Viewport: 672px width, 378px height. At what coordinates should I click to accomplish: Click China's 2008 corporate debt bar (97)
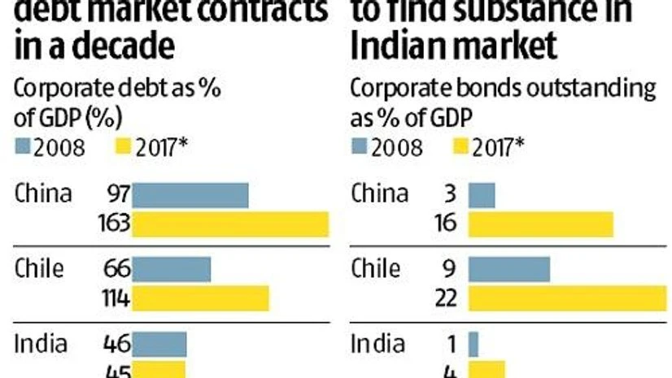190,196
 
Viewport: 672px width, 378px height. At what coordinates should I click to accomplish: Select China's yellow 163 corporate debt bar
230,224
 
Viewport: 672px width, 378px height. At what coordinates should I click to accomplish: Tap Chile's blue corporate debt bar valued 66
171,269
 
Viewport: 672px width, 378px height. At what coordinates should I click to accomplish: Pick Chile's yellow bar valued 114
200,298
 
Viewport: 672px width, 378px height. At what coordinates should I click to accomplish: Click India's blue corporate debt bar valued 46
159,343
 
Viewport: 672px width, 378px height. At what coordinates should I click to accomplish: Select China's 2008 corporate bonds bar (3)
482,196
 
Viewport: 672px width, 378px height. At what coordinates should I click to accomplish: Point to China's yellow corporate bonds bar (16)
540,224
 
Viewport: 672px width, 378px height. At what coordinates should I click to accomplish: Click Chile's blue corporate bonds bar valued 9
509,269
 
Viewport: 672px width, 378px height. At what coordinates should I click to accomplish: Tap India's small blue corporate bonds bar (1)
473,343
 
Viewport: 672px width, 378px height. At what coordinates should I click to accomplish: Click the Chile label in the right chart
376,268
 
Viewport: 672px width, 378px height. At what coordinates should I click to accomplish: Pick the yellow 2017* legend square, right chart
460,147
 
